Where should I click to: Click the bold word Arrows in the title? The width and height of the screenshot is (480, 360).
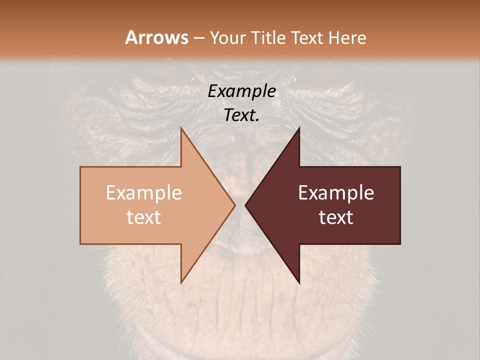click(156, 37)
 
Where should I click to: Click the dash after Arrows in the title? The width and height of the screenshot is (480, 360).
click(199, 38)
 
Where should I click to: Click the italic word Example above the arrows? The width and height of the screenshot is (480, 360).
click(241, 91)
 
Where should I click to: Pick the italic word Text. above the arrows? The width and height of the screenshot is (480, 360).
click(240, 115)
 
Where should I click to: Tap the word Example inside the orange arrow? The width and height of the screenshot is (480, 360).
click(143, 193)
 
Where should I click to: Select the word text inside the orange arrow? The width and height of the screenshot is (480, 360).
click(143, 217)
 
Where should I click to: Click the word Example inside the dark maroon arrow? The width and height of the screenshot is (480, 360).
click(336, 193)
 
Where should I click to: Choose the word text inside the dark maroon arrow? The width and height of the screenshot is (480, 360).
click(336, 217)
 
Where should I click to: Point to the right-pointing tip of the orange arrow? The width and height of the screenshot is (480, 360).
click(235, 205)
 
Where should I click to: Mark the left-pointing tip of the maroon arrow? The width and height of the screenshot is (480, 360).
click(245, 205)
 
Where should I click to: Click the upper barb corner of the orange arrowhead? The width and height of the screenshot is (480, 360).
click(181, 128)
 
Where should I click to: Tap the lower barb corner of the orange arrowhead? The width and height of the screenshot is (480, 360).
click(181, 282)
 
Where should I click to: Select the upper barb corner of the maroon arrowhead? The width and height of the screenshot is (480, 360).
click(299, 128)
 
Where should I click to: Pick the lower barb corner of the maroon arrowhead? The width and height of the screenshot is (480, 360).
click(299, 282)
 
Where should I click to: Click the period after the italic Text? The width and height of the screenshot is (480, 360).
click(257, 120)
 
